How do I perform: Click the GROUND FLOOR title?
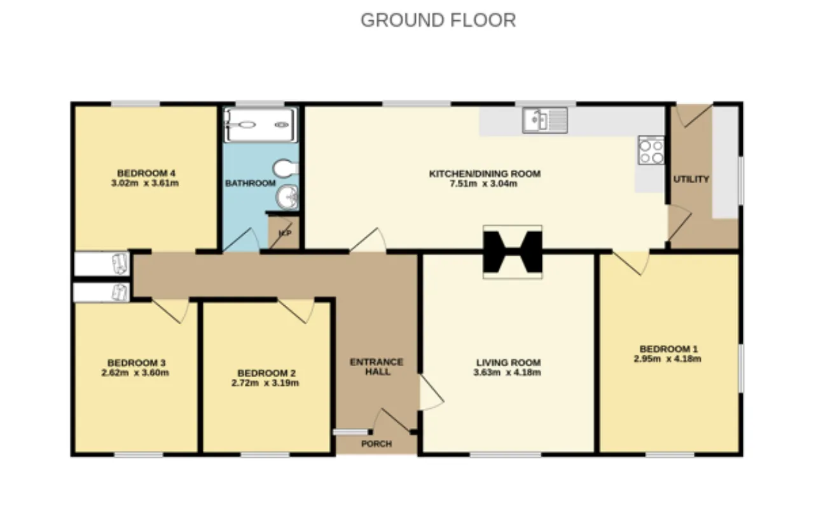(438, 20)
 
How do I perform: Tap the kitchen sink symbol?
(545, 120)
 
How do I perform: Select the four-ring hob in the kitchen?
(651, 150)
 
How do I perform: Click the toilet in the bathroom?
(286, 168)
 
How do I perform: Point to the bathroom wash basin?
(287, 197)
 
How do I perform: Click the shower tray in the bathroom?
(260, 125)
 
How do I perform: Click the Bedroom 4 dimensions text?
(144, 183)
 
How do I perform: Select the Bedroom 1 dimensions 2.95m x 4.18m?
(668, 359)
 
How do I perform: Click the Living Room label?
(508, 362)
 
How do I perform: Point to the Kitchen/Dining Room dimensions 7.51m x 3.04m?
(483, 184)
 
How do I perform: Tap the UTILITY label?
(691, 179)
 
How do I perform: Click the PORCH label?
(376, 444)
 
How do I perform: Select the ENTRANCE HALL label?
(376, 367)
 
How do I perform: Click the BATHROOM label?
(251, 183)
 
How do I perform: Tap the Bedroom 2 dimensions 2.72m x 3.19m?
(265, 383)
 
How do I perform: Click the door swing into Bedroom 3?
(171, 311)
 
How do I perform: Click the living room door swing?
(432, 393)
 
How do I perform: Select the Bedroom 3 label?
(136, 362)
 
